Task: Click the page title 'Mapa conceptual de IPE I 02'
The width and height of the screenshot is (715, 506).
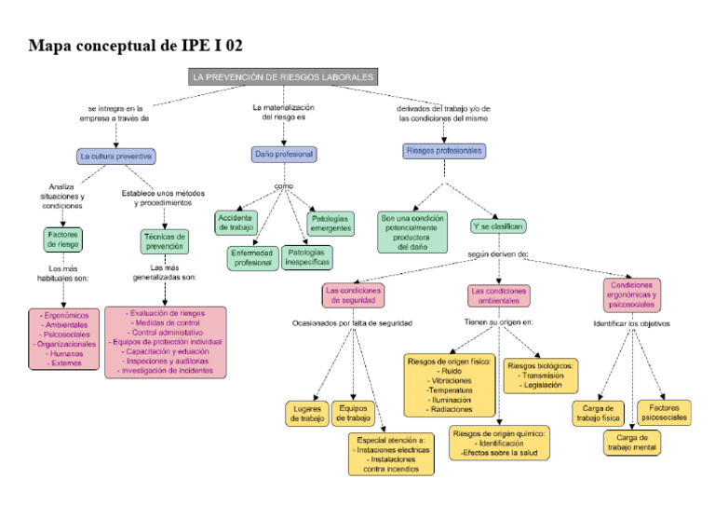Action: [136, 45]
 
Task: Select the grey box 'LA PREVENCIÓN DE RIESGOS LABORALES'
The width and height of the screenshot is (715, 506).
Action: [283, 77]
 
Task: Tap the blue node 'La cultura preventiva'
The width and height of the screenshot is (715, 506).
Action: [116, 157]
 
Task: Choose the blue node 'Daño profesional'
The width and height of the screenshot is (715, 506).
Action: [284, 154]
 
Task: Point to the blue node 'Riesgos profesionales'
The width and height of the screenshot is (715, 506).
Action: [445, 150]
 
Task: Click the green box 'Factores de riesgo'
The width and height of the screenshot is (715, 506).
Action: [63, 239]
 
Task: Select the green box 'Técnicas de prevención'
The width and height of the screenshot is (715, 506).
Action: [165, 241]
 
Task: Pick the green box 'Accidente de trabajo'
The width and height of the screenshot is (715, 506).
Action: [236, 222]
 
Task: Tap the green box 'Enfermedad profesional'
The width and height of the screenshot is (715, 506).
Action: [252, 258]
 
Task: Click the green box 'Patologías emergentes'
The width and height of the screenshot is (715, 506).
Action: [331, 223]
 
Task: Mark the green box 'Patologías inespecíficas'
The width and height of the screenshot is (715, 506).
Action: [306, 257]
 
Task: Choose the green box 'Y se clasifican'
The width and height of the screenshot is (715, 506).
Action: [498, 226]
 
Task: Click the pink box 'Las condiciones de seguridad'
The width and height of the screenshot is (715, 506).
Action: [353, 295]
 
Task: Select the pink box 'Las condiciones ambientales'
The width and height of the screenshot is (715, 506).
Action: [499, 295]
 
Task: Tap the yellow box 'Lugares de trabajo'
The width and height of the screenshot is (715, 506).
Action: [307, 414]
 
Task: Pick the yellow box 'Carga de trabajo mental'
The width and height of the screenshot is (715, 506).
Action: [632, 443]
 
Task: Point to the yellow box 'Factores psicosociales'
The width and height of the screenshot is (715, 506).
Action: [665, 413]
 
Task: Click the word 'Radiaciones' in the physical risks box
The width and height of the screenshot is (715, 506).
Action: [451, 409]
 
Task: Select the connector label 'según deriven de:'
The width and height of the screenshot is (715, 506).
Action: [498, 253]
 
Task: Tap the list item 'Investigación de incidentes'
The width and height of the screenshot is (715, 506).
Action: [166, 370]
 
